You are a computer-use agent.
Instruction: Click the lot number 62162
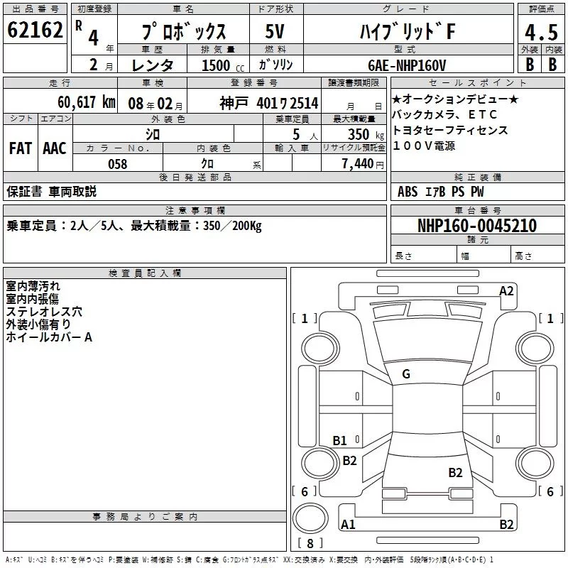35,30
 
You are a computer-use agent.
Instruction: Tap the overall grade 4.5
541,32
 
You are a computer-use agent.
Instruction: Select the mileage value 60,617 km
87,102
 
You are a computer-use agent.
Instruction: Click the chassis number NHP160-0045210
477,226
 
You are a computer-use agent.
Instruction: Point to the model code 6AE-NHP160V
407,65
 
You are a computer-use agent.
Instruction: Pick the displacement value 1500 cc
223,65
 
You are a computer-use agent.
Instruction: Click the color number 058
118,164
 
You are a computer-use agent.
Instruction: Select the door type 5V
275,31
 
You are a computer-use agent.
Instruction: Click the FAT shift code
21,148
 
